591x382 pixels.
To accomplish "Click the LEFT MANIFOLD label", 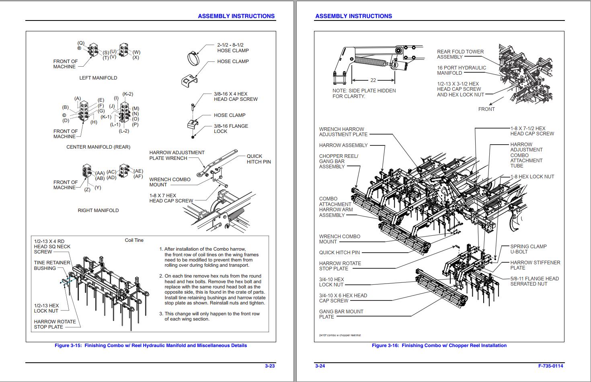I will click(98, 78).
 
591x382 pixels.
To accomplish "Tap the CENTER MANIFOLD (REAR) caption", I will click(98, 147).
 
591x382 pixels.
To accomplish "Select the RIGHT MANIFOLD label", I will click(98, 210).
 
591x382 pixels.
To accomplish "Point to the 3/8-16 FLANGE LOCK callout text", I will click(231, 129).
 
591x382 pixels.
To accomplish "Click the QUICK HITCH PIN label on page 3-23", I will click(259, 159).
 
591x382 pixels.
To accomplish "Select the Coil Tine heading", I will click(134, 240).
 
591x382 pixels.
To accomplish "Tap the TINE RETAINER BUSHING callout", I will click(52, 266).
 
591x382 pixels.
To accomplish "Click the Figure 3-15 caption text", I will click(151, 345).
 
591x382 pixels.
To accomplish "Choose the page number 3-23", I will click(270, 366).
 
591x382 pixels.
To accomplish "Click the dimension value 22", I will click(373, 80).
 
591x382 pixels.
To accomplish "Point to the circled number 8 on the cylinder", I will click(395, 64).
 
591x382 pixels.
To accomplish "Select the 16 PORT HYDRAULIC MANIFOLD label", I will click(461, 70).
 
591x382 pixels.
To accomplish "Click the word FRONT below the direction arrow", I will click(486, 109).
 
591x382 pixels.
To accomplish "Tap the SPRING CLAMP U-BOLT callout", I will click(528, 249).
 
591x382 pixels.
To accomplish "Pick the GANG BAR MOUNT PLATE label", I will click(341, 314).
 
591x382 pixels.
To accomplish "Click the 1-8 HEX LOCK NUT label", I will click(532, 177).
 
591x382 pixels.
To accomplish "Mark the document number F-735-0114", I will click(550, 366).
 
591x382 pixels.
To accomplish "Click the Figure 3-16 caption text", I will click(439, 345).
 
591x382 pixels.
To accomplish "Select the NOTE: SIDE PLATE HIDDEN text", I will click(364, 91).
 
